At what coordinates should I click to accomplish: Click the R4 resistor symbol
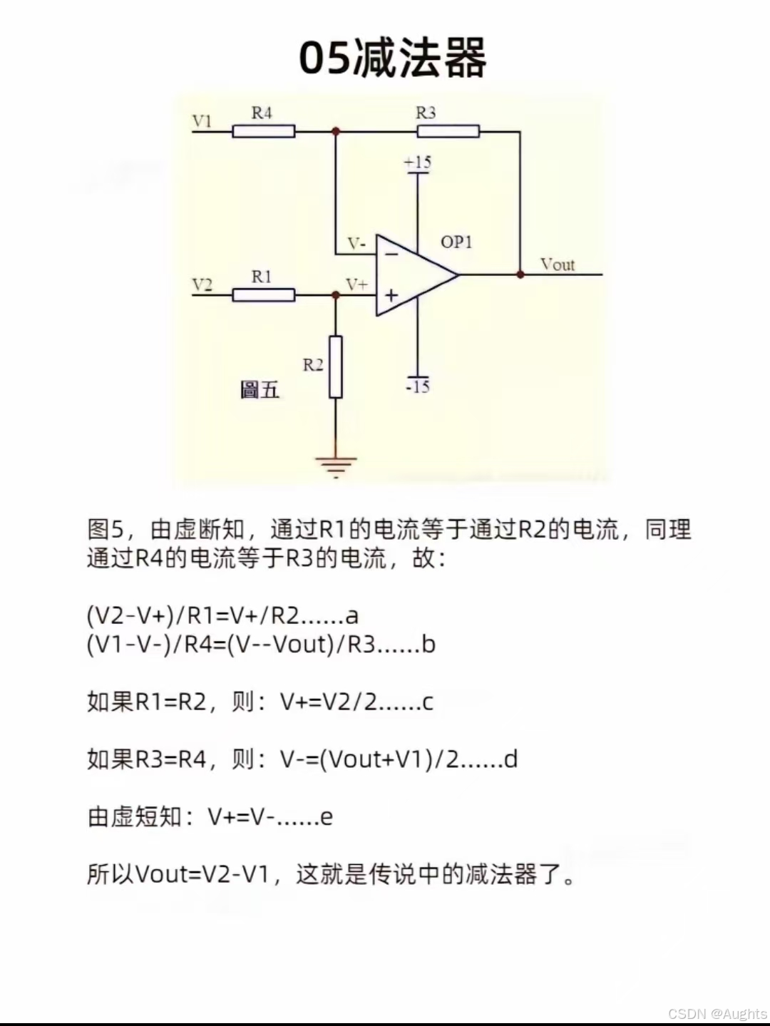263,131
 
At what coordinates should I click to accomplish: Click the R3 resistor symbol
448,131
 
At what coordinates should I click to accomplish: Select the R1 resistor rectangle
263,295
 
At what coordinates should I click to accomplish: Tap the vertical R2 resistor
336,366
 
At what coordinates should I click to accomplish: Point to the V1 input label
202,121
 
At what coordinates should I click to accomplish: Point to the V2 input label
202,284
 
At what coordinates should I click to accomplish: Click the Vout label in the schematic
557,265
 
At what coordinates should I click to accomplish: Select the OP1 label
456,242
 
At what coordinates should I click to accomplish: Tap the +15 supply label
418,163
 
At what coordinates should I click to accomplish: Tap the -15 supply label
418,386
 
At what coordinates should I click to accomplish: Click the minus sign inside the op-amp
391,253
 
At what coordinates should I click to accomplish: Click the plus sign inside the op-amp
391,294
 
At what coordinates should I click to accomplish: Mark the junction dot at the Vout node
520,275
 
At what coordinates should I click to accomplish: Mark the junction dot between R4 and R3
336,131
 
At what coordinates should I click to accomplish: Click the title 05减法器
392,58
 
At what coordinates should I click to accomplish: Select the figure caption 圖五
260,390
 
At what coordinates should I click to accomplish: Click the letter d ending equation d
510,759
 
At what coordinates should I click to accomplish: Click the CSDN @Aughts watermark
717,1013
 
